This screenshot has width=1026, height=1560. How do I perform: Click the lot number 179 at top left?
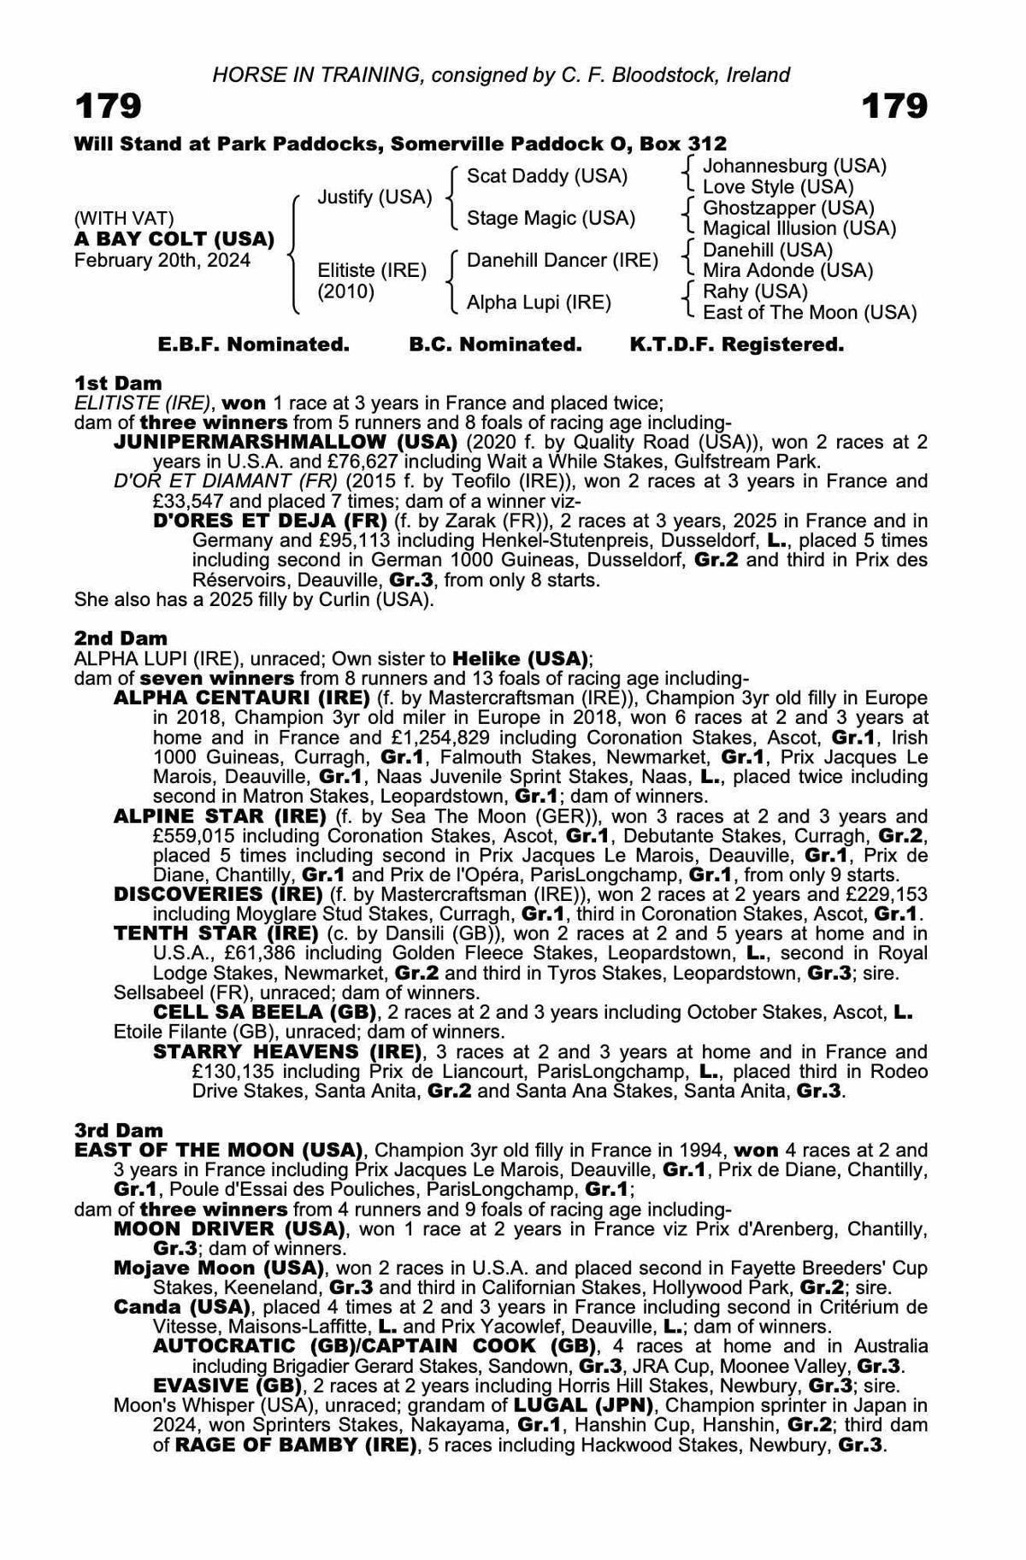tap(109, 108)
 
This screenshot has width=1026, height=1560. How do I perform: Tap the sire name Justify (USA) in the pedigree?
tap(374, 197)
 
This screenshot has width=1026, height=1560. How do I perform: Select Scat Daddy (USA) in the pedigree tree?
tap(547, 176)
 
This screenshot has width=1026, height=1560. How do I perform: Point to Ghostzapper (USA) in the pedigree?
tap(788, 208)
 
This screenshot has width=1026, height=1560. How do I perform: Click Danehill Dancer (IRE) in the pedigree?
tap(562, 260)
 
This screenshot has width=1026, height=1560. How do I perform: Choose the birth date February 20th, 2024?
tap(162, 260)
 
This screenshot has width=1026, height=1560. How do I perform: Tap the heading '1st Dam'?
tap(118, 383)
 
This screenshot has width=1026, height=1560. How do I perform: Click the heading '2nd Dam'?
tap(121, 638)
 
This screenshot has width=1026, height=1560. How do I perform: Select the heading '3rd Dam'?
tap(119, 1130)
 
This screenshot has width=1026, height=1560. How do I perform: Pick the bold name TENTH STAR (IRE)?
tap(219, 933)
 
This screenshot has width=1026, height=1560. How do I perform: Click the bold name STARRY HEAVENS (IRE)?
tap(287, 1051)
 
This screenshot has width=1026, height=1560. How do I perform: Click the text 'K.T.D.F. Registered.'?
tap(736, 344)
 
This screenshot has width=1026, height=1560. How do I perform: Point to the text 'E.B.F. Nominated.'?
tap(254, 344)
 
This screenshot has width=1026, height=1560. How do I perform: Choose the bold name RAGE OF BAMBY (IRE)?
tap(297, 1445)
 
